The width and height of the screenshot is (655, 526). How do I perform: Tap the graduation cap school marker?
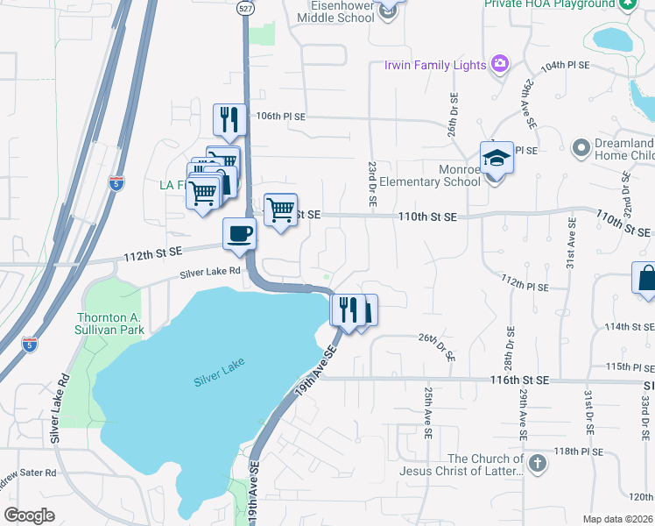click(x=496, y=159)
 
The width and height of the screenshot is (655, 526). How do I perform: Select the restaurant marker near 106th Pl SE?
click(x=229, y=121)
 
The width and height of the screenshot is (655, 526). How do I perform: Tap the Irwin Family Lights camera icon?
click(x=500, y=63)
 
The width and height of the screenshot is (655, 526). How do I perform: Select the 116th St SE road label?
click(x=518, y=380)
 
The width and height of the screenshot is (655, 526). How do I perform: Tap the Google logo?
click(x=30, y=515)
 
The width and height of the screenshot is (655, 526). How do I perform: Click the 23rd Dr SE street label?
click(x=372, y=182)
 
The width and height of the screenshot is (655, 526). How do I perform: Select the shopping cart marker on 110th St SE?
click(x=280, y=210)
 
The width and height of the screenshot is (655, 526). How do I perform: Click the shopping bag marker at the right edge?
click(x=645, y=278)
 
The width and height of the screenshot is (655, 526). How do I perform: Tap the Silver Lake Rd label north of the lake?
click(x=210, y=273)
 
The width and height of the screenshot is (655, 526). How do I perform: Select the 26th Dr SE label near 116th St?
click(x=438, y=346)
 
